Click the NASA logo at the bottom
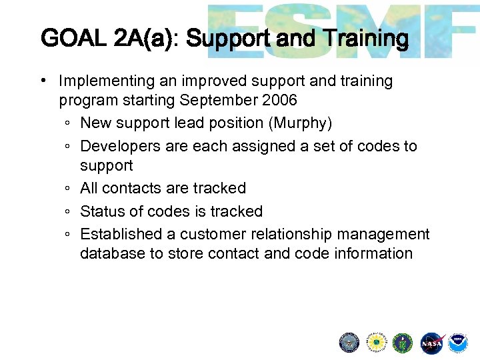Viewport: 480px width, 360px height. tap(431, 343)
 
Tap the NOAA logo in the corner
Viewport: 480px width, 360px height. tap(457, 343)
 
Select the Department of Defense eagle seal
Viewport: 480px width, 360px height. tap(349, 343)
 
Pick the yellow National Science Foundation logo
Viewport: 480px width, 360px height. tap(377, 343)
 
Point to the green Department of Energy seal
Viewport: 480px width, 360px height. tap(403, 343)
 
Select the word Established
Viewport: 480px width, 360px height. tap(121, 234)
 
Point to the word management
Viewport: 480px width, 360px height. tap(383, 234)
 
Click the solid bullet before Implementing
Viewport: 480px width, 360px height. tap(42, 81)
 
